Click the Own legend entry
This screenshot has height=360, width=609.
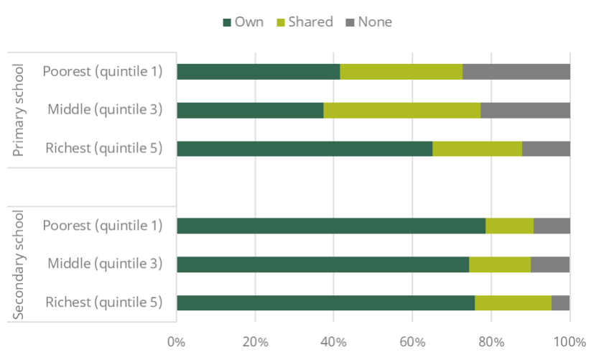(x=243, y=22)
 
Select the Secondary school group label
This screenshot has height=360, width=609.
(x=19, y=264)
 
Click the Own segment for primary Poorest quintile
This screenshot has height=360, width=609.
(x=259, y=72)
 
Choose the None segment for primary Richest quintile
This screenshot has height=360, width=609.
(x=546, y=149)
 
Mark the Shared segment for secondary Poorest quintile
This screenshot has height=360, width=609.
(x=509, y=226)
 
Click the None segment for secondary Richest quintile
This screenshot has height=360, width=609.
(x=560, y=303)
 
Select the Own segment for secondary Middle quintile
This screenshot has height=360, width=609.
(x=322, y=264)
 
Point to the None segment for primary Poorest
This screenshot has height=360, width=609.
(x=516, y=72)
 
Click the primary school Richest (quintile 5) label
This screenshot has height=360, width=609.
(x=103, y=149)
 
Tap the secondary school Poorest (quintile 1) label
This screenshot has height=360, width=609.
(x=102, y=226)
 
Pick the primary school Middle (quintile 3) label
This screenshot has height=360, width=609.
(x=105, y=110)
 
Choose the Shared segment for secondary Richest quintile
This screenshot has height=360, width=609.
(x=513, y=303)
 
